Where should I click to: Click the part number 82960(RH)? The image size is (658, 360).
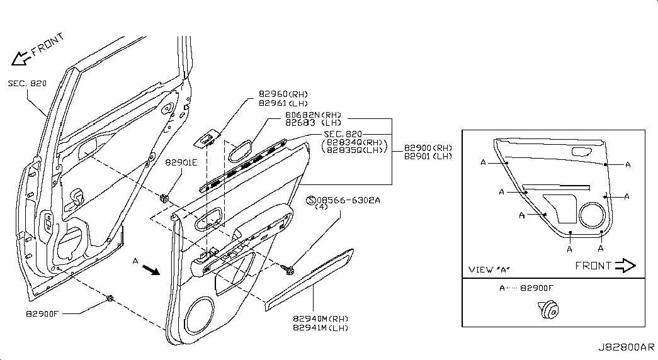283,94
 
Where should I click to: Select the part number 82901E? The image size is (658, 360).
181,162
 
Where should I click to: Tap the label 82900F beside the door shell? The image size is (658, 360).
42,313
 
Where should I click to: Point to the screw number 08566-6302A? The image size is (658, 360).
348,200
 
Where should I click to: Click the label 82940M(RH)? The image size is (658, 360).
320,319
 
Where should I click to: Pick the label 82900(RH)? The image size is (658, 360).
428,148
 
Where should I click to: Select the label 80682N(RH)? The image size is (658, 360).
313,115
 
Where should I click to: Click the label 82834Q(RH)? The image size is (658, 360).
355,142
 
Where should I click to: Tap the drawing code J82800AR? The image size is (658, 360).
626,347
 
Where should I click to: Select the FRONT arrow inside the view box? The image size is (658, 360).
625,266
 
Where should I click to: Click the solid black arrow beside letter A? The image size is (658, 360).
151,270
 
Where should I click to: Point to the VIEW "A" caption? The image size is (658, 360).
489,270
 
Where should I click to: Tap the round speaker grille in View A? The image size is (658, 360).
592,215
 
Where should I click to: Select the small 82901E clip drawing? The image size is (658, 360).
164,198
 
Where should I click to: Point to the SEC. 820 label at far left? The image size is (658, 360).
27,84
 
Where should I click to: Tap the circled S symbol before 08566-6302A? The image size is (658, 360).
311,201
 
